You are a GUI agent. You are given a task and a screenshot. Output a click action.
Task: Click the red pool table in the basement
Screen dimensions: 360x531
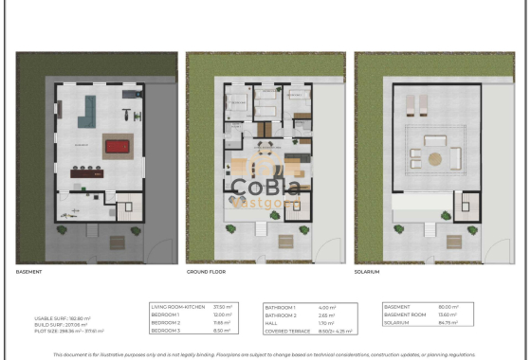tap(117, 146)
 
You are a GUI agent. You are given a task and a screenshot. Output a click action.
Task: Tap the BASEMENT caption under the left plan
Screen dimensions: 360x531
tap(29, 272)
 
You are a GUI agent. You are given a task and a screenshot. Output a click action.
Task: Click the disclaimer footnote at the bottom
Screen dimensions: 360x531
tap(265, 352)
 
